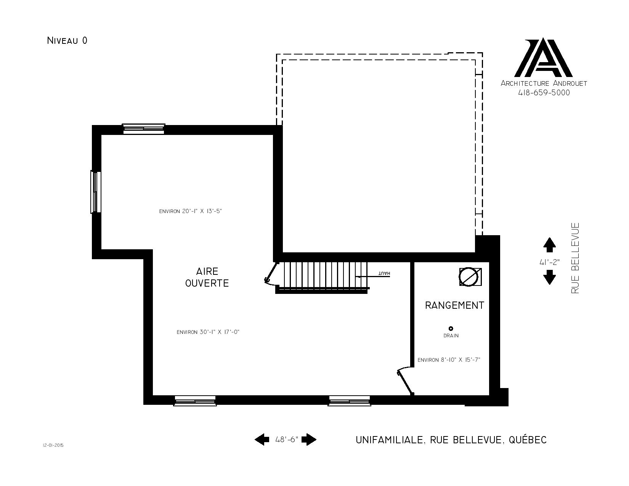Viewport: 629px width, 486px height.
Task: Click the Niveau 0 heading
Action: coord(67,40)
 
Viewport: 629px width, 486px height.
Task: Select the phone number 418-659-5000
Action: coord(544,93)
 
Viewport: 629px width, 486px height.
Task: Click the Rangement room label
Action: coord(454,305)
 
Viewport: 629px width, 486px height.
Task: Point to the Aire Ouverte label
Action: coord(207,277)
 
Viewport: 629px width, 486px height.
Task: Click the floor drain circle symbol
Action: coord(451,329)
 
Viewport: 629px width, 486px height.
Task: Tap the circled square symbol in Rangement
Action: coord(470,277)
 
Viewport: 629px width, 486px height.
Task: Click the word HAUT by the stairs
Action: coord(384,274)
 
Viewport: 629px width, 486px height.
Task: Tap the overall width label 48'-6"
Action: coord(287,439)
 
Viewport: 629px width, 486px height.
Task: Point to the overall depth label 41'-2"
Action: coord(549,262)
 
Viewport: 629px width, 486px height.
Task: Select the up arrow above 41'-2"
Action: coord(549,245)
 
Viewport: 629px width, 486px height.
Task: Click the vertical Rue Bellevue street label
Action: coord(575,258)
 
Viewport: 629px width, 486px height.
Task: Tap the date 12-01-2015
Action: coord(53,445)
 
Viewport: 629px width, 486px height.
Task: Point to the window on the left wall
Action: coord(96,192)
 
